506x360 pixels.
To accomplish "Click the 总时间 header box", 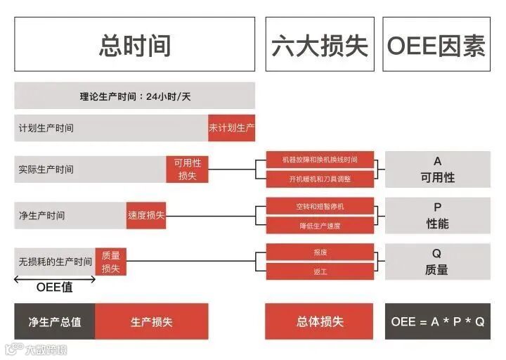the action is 134,44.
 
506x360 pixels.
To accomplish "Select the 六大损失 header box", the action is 320,44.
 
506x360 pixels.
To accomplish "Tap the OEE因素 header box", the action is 436,44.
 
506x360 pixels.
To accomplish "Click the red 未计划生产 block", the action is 231,128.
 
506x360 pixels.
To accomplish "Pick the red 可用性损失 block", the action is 188,169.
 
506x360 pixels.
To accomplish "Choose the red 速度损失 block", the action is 146,214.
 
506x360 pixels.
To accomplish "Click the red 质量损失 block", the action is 110,262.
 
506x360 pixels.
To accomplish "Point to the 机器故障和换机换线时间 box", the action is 320,160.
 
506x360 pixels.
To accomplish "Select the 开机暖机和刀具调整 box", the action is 320,179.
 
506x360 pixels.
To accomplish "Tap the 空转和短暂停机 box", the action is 320,206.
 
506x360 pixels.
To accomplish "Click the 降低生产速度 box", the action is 320,225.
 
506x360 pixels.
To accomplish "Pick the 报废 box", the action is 320,252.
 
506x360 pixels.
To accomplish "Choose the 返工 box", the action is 320,271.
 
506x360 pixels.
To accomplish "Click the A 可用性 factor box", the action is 437,169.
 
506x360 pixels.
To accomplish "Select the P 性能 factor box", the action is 437,215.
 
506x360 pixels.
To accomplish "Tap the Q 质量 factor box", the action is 437,262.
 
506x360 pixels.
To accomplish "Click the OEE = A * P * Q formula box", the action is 437,321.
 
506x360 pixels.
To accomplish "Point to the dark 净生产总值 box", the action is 55,321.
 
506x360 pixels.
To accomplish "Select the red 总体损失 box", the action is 320,321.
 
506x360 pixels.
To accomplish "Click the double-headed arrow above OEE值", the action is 55,279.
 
